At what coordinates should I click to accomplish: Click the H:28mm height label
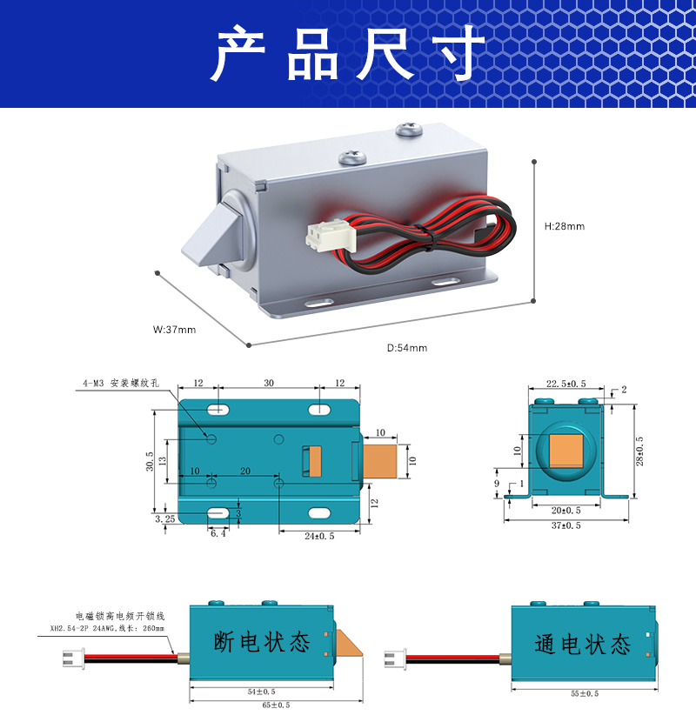[x=565, y=226]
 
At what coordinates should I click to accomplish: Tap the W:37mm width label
[x=174, y=330]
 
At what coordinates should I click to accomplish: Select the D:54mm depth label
[x=407, y=348]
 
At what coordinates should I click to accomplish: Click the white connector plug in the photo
[x=331, y=237]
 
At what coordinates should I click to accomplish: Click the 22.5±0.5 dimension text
[x=566, y=384]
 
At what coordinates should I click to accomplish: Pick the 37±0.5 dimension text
[x=566, y=525]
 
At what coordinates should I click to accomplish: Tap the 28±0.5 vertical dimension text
[x=639, y=451]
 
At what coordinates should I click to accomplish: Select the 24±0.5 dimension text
[x=319, y=536]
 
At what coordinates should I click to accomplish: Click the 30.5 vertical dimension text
[x=150, y=461]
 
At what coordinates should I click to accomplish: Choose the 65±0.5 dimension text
[x=276, y=705]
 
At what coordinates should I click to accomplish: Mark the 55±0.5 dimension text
[x=585, y=693]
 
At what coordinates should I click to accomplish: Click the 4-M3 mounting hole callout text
[x=121, y=383]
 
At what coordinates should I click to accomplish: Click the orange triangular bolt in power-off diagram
[x=348, y=643]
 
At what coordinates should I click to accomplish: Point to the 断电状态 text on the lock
[x=262, y=642]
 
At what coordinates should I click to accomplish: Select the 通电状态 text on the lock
[x=582, y=644]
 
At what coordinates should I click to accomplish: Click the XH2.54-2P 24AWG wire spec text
[x=107, y=628]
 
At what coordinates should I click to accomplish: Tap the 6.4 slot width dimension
[x=218, y=534]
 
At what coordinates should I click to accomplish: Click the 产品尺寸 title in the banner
[x=348, y=53]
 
